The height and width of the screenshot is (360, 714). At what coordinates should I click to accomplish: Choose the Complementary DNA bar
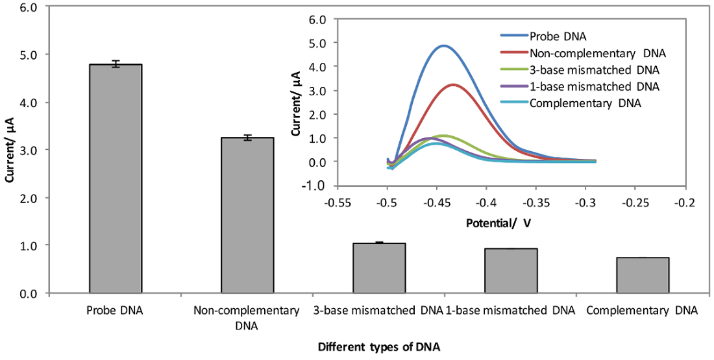pyautogui.click(x=643, y=275)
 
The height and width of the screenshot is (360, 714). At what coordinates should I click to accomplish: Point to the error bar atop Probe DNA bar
pyautogui.click(x=115, y=64)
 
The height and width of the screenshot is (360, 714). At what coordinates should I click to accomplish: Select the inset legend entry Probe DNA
pyautogui.click(x=552, y=35)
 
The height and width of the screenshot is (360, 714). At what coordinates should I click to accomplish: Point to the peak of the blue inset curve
pyautogui.click(x=443, y=45)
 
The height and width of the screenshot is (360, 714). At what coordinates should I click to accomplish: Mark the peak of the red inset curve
pyautogui.click(x=452, y=84)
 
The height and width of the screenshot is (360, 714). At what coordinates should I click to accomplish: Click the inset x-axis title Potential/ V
pyautogui.click(x=498, y=222)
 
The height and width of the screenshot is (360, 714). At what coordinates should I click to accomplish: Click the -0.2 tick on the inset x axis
pyautogui.click(x=685, y=203)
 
